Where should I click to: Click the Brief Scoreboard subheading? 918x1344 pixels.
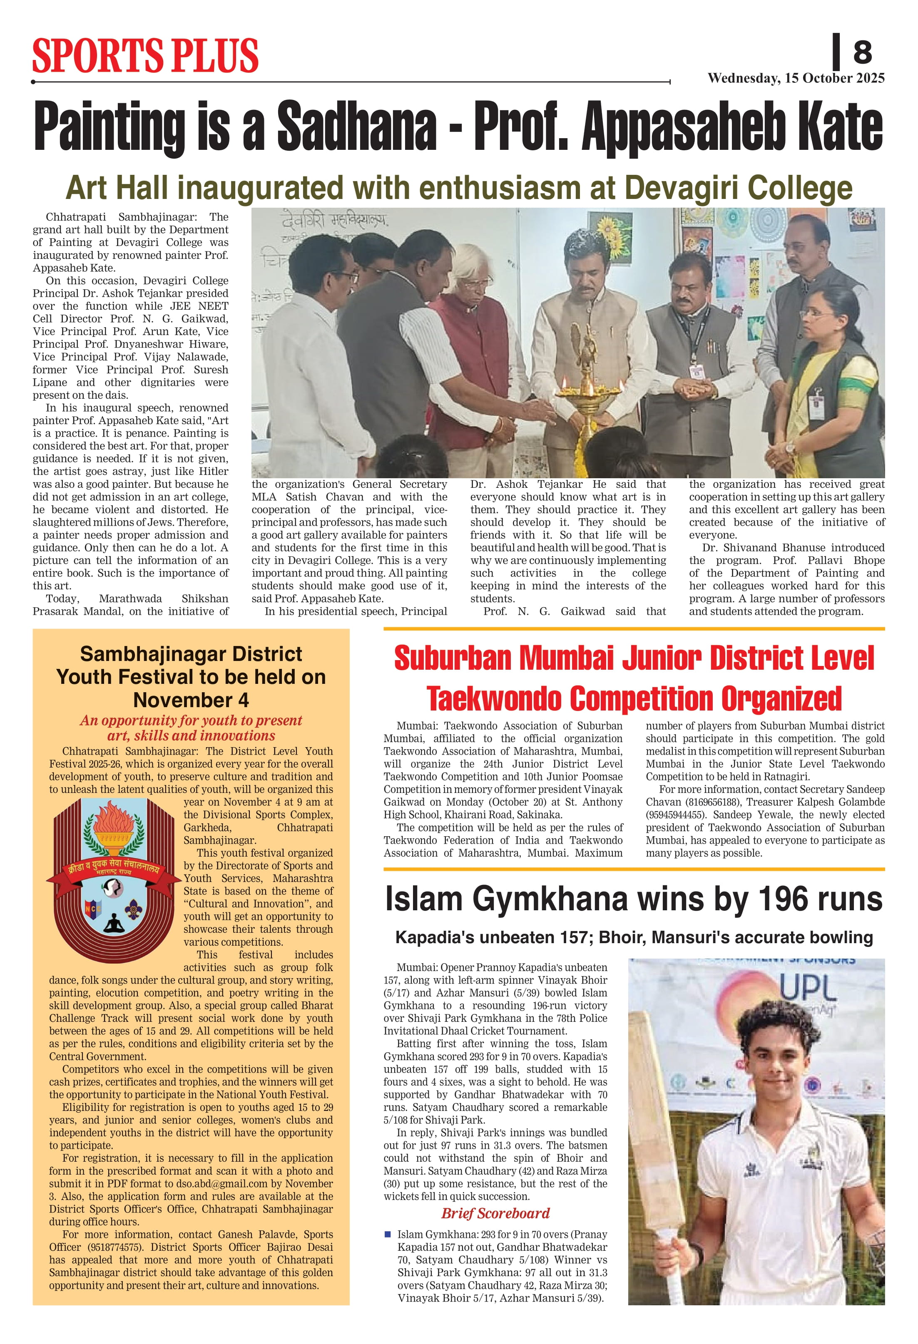tap(495, 1213)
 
